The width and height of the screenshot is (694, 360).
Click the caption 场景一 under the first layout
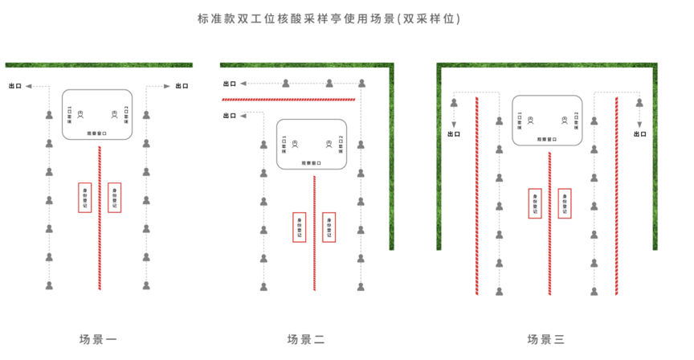pos(99,339)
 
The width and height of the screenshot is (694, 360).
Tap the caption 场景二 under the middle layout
pos(307,339)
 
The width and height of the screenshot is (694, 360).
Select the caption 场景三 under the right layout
pos(545,339)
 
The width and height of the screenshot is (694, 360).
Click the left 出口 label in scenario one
pos(14,85)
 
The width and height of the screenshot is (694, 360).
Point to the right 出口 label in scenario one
pos(182,85)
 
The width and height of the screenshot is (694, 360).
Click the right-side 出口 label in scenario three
pos(640,134)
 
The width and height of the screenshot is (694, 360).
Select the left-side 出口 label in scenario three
pos(454,134)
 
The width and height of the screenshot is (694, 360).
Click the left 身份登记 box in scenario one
pos(86,197)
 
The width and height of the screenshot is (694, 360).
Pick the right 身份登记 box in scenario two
pos(328,227)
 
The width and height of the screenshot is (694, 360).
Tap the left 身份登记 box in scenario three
pos(534,203)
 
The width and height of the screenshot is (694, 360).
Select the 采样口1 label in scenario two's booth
pos(284,145)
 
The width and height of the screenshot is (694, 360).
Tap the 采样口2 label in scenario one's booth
pos(127,115)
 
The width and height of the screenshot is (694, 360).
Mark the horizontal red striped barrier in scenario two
pos(288,99)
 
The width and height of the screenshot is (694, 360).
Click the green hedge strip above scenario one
pos(99,64)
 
